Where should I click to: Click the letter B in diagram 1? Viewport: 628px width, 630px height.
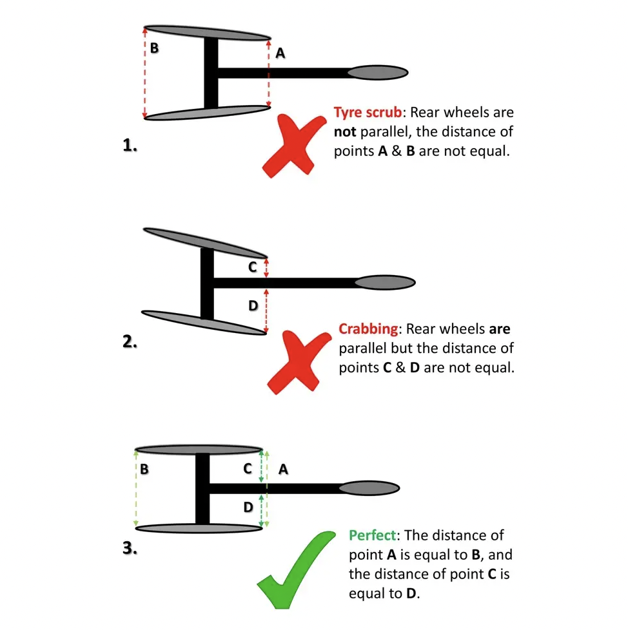click(x=154, y=48)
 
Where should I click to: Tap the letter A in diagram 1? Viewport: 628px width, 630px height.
click(x=280, y=53)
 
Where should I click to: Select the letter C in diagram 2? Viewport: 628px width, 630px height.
click(x=253, y=267)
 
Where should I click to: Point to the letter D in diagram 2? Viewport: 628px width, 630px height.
click(x=253, y=306)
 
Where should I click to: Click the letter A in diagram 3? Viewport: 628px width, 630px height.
click(x=284, y=469)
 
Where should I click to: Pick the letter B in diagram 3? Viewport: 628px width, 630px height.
click(x=144, y=469)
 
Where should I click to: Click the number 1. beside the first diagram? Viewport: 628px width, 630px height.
click(x=130, y=145)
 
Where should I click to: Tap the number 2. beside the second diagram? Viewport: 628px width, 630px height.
click(x=130, y=341)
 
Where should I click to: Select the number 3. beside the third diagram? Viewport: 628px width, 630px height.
click(x=130, y=548)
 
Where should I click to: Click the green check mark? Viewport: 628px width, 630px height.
click(x=296, y=569)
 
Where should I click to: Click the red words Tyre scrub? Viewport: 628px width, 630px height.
click(x=368, y=113)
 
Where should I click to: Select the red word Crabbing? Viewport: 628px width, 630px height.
click(x=368, y=329)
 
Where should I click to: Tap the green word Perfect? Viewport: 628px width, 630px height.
click(x=373, y=535)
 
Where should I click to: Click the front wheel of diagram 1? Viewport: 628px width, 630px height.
click(x=378, y=73)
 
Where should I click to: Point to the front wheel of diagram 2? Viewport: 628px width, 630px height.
click(x=385, y=282)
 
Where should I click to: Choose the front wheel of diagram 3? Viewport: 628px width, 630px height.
click(x=369, y=488)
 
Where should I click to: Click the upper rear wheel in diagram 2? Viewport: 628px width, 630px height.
click(x=205, y=243)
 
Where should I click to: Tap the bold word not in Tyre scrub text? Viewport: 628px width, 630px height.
click(x=345, y=132)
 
